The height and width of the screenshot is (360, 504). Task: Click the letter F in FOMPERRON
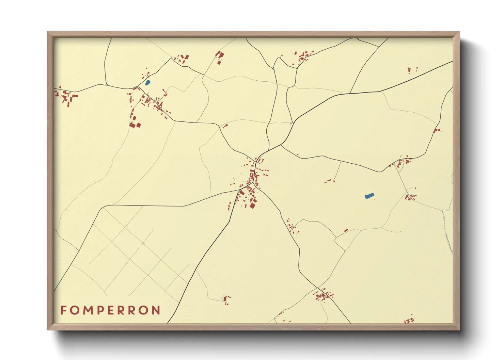tap(63, 310)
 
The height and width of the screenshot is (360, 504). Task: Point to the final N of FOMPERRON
tap(156, 310)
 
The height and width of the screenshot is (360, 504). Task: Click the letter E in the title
tap(111, 310)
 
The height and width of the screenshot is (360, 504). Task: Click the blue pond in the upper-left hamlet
tap(147, 82)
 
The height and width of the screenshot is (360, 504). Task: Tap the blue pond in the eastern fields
tap(369, 196)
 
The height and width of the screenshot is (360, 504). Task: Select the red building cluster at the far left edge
tap(66, 97)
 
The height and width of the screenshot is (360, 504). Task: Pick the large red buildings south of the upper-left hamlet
tap(135, 122)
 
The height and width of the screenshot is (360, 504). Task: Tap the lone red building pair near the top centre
tap(220, 56)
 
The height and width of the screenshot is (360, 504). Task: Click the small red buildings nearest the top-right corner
tap(412, 70)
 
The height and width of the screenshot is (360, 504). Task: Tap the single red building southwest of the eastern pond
tap(346, 231)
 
